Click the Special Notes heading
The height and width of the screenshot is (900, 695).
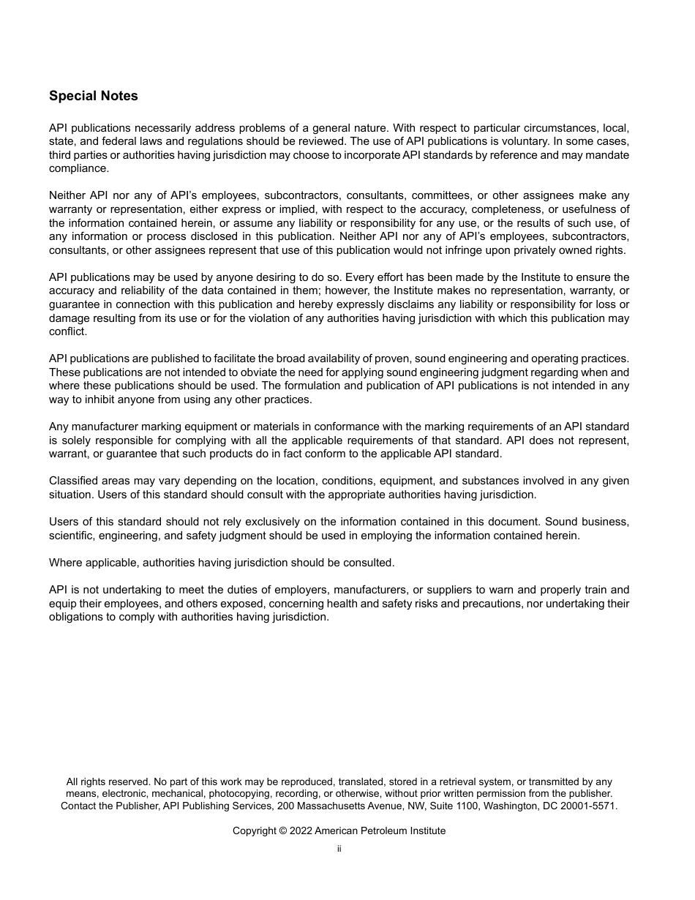pyautogui.click(x=93, y=96)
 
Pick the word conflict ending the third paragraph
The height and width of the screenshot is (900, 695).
pyautogui.click(x=67, y=331)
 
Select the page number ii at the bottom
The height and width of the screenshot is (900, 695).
pyautogui.click(x=339, y=850)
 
